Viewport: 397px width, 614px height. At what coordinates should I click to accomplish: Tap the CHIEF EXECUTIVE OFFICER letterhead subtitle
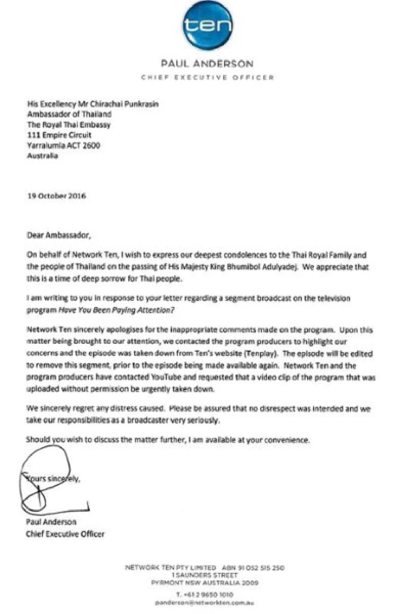[207, 78]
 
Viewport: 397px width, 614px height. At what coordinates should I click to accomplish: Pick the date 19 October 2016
[56, 196]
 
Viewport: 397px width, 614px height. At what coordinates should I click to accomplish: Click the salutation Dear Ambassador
[58, 235]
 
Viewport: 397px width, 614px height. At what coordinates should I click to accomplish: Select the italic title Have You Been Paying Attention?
[116, 310]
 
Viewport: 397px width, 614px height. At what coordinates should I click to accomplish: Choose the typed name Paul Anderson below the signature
[51, 522]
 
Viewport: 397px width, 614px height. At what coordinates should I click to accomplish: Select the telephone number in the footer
[204, 594]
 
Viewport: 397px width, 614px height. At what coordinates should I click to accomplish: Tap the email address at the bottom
[204, 603]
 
